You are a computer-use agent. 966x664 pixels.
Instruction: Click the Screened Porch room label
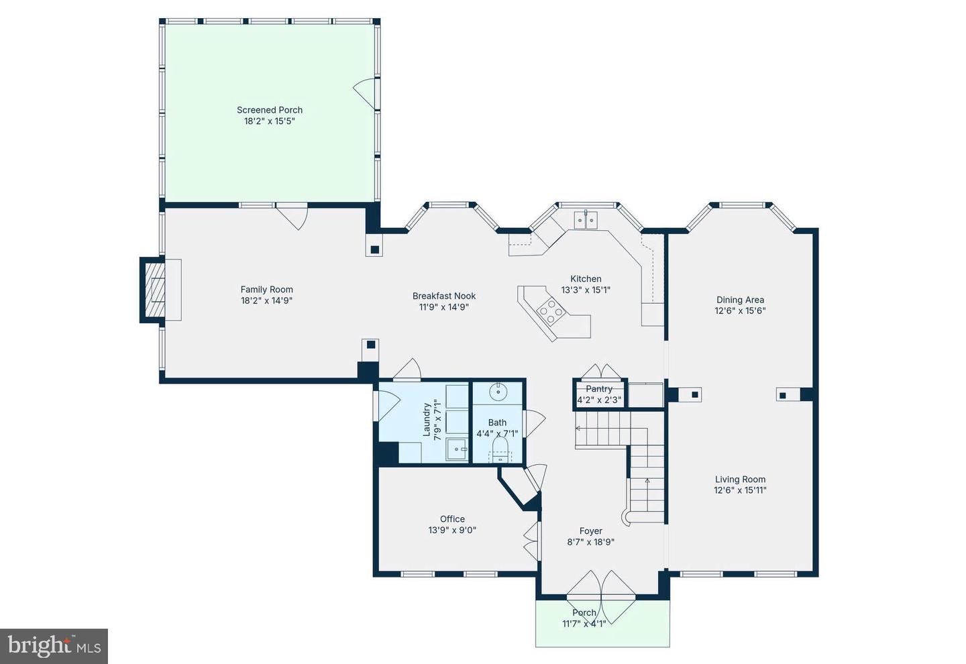[x=270, y=110]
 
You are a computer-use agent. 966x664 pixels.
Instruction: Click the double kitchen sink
[x=586, y=219]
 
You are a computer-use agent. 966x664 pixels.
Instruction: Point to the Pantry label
[x=599, y=389]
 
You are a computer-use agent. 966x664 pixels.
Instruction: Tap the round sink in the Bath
[x=498, y=391]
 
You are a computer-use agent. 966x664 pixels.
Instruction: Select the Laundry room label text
[x=427, y=420]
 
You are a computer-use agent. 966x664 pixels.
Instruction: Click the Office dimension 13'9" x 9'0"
[x=452, y=530]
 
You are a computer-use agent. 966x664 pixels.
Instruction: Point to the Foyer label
[x=590, y=531]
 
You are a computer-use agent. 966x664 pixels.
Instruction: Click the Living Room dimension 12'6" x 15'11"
[x=740, y=490]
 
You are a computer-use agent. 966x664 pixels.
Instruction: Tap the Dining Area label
[x=740, y=300]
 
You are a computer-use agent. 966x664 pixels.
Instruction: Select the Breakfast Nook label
[x=444, y=296]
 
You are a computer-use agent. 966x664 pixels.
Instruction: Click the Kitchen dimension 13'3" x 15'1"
[x=586, y=290]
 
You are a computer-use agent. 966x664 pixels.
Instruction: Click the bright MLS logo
[x=54, y=646]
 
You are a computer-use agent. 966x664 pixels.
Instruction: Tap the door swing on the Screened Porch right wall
[x=366, y=93]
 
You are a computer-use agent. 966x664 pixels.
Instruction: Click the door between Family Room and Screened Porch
[x=292, y=215]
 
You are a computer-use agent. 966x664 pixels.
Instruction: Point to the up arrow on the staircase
[x=647, y=481]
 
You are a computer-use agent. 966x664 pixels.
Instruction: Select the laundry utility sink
[x=458, y=450]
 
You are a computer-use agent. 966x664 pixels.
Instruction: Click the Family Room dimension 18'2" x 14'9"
[x=266, y=300]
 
